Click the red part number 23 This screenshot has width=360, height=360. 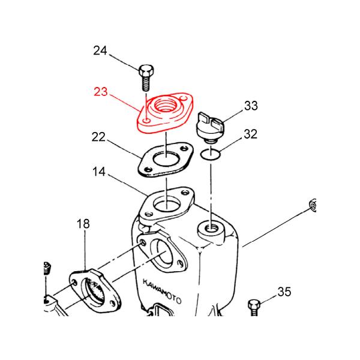click(101, 92)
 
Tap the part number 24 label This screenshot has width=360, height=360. click(100, 50)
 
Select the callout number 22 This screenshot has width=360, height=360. click(98, 137)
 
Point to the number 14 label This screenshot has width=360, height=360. click(99, 172)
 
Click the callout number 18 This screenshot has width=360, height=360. click(83, 224)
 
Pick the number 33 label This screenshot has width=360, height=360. click(251, 106)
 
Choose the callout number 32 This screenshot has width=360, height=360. click(251, 134)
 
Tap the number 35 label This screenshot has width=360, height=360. click(284, 292)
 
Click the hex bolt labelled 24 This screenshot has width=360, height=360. click(146, 77)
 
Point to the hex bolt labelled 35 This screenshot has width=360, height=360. click(254, 308)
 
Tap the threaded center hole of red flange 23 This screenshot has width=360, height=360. click(166, 105)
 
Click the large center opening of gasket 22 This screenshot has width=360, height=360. click(166, 158)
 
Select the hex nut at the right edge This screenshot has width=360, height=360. click(313, 205)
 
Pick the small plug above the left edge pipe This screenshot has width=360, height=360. click(47, 268)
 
